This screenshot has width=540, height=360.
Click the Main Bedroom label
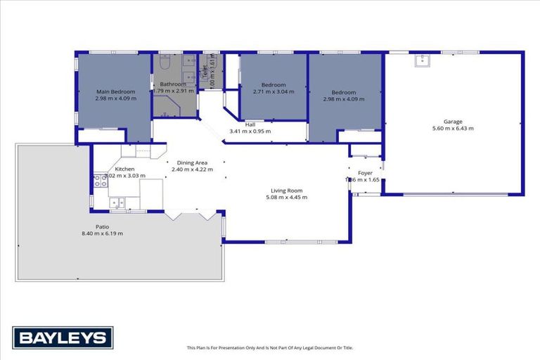tap(116, 91)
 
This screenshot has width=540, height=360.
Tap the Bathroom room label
tap(172, 84)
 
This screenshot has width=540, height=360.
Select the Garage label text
tap(452, 121)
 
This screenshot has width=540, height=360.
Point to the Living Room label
tap(286, 190)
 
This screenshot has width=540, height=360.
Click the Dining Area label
tap(192, 162)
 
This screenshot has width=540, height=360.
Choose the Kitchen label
tap(124, 169)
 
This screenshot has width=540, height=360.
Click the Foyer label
tap(365, 172)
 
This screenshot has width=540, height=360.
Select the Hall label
tap(250, 124)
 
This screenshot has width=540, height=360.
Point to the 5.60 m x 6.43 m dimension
tap(452, 128)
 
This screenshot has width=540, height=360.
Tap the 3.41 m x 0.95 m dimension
tap(250, 131)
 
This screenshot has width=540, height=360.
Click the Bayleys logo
tap(63, 338)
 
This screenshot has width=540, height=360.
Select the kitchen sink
tap(117, 204)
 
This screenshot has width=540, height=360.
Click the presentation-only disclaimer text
tap(269, 347)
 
